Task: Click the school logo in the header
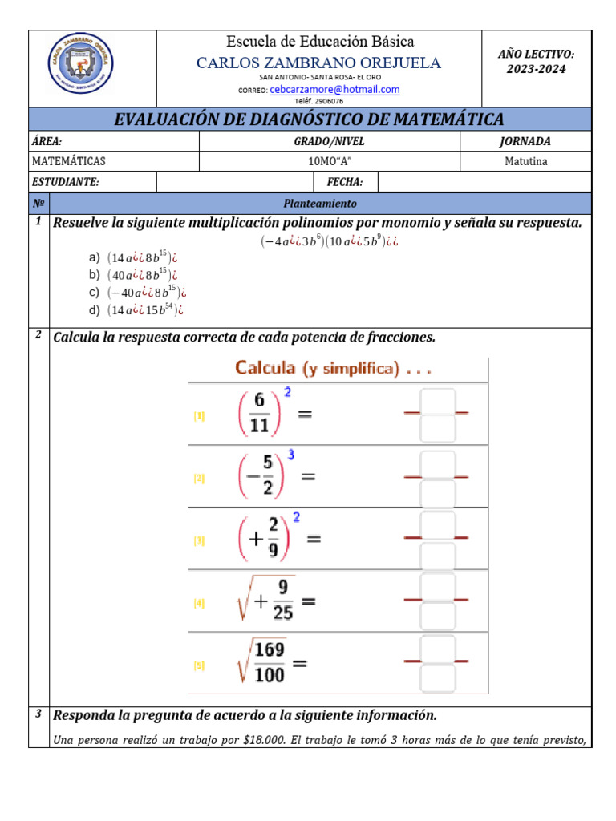pyautogui.click(x=82, y=69)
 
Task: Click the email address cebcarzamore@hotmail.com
pyautogui.click(x=334, y=90)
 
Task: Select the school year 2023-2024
pyautogui.click(x=536, y=69)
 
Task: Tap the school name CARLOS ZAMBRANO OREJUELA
pyautogui.click(x=319, y=63)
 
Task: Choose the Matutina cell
pyautogui.click(x=526, y=161)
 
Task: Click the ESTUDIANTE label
pyautogui.click(x=65, y=182)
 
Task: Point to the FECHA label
pyautogui.click(x=345, y=182)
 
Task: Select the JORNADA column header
pyautogui.click(x=525, y=141)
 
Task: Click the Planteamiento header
pyautogui.click(x=320, y=204)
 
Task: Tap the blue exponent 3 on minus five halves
pyautogui.click(x=291, y=455)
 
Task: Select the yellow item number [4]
pyautogui.click(x=199, y=603)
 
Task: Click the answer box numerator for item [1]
pyautogui.click(x=438, y=401)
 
